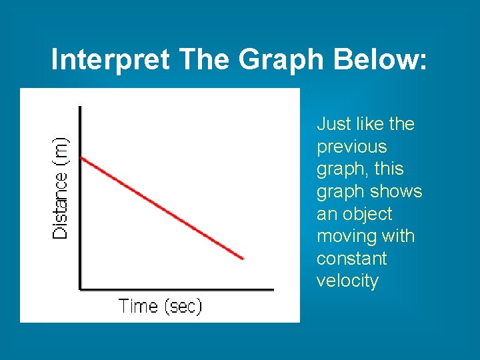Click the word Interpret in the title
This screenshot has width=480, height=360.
[x=111, y=60]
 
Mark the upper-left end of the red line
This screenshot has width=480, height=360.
[x=81, y=158]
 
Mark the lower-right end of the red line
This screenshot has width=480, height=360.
[x=243, y=258]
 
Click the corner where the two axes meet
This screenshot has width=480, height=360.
[x=81, y=289]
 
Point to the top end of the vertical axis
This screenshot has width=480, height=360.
[x=81, y=107]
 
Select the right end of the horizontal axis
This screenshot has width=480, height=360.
[x=273, y=289]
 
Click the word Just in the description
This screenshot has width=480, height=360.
[x=334, y=124]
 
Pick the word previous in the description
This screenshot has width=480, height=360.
[x=351, y=147]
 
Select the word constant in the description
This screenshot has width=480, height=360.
[x=343, y=259]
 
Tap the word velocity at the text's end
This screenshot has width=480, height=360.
[x=347, y=281]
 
